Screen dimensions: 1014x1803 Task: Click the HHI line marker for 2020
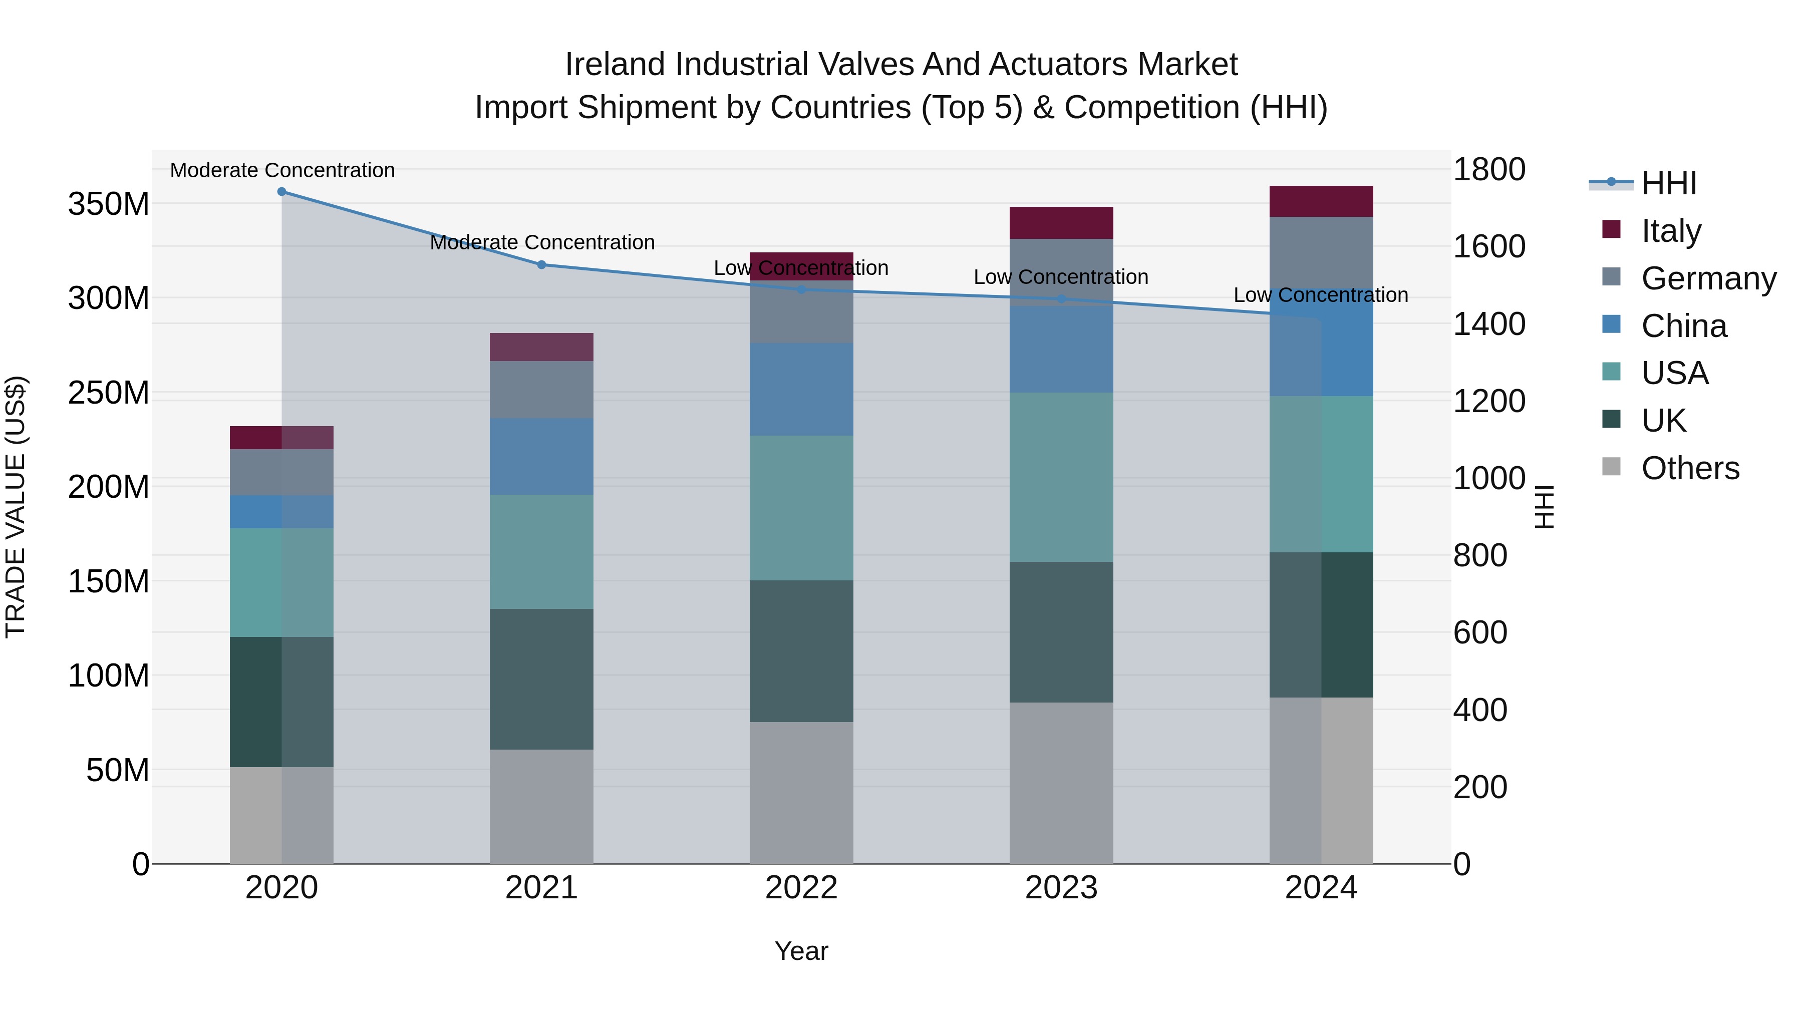pos(281,191)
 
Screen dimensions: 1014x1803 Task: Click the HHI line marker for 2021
pos(541,264)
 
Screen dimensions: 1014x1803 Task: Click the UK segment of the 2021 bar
pos(541,679)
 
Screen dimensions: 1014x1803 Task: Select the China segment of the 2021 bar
pos(541,456)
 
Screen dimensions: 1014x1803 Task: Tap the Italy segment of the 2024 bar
pos(1321,201)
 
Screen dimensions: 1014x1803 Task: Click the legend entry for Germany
pos(1708,278)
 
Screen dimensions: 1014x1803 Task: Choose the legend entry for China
pos(1683,326)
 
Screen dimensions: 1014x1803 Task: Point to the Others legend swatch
pos(1611,467)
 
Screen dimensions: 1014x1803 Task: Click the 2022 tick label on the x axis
pos(801,888)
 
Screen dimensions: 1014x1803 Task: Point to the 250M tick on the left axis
pos(109,393)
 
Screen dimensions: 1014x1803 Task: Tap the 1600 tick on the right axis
pos(1489,246)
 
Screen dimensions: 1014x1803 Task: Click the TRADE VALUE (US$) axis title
pos(16,507)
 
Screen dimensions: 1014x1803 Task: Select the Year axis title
pos(801,951)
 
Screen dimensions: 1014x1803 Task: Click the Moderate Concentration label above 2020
pos(282,170)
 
